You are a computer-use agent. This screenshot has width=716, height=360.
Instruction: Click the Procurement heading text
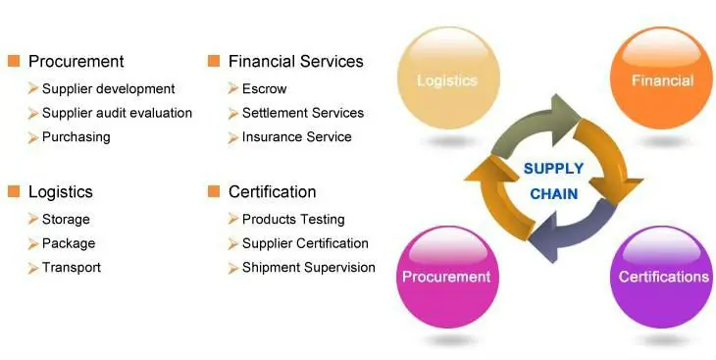[76, 62]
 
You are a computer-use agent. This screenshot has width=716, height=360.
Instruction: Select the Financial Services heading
[295, 62]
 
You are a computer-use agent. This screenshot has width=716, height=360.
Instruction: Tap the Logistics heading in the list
[61, 192]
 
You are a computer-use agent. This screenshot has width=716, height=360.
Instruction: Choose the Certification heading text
[272, 192]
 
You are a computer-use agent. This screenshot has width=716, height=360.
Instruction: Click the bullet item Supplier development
[108, 89]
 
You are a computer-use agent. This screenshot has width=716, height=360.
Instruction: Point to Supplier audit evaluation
[117, 113]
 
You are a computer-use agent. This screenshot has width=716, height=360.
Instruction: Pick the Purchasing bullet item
[76, 137]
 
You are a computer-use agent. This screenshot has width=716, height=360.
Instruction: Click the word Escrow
[264, 89]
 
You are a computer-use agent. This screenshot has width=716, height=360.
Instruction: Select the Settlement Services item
[302, 113]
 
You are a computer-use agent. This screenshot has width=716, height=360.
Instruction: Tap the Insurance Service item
[296, 137]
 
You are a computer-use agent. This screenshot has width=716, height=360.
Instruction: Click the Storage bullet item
[66, 220]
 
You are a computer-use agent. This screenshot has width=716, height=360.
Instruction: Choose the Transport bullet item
[71, 268]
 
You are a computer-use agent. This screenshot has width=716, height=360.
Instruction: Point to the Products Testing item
[293, 220]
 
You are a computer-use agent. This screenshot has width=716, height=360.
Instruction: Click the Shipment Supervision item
[308, 268]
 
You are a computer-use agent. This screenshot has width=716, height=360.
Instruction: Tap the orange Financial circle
[662, 80]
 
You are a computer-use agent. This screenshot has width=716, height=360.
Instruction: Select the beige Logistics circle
[446, 80]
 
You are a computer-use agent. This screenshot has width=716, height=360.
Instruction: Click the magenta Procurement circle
[446, 277]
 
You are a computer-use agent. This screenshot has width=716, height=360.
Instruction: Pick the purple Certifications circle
[663, 277]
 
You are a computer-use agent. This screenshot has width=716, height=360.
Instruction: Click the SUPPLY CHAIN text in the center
[554, 180]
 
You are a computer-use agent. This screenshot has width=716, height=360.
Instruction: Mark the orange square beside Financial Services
[214, 62]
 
